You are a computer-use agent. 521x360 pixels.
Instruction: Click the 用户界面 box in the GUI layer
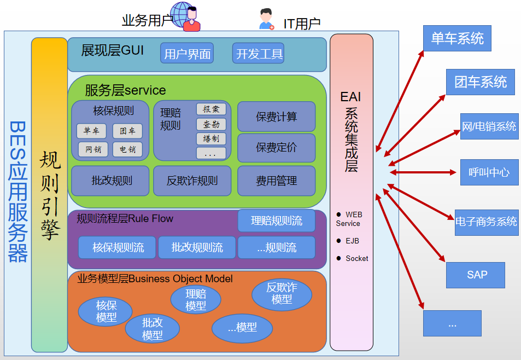(x=187, y=54)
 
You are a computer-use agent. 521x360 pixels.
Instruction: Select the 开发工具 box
(x=259, y=54)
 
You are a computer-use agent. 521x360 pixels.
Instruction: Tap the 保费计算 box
(x=277, y=117)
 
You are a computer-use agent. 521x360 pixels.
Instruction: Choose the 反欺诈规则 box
(x=192, y=181)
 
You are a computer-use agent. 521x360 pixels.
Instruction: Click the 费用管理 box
(x=277, y=181)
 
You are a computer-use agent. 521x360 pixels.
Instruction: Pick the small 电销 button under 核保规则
(x=127, y=149)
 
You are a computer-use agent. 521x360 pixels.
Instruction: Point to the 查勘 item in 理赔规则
(x=211, y=124)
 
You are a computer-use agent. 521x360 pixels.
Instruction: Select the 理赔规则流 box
(x=277, y=221)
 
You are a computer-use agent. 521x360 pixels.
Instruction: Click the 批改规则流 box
(x=197, y=247)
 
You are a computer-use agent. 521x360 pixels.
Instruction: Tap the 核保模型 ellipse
(x=106, y=311)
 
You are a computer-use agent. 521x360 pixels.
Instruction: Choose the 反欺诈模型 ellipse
(x=282, y=294)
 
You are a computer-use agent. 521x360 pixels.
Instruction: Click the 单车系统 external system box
(x=457, y=39)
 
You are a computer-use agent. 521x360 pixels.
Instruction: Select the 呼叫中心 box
(x=489, y=172)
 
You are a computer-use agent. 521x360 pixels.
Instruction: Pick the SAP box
(x=475, y=275)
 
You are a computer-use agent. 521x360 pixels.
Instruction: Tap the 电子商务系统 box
(x=487, y=222)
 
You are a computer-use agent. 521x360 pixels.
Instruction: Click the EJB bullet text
(x=352, y=241)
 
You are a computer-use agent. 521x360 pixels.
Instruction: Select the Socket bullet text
(x=356, y=258)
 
